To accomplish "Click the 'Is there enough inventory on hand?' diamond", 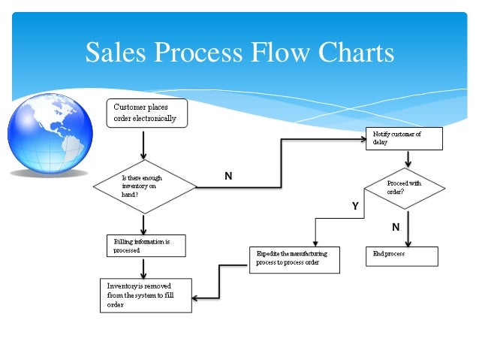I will coord(143,186).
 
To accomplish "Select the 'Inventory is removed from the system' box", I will coord(145,295).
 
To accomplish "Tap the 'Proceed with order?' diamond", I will coord(406,187).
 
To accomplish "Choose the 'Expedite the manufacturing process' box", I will coord(294,259).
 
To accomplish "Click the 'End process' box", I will coord(401,256).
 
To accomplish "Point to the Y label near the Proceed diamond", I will coord(354,204).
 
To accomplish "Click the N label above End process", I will coord(395,226).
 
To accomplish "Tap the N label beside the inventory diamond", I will coord(228,176).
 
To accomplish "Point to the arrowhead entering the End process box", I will coord(408,242).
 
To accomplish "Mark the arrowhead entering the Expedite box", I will coord(315,242).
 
